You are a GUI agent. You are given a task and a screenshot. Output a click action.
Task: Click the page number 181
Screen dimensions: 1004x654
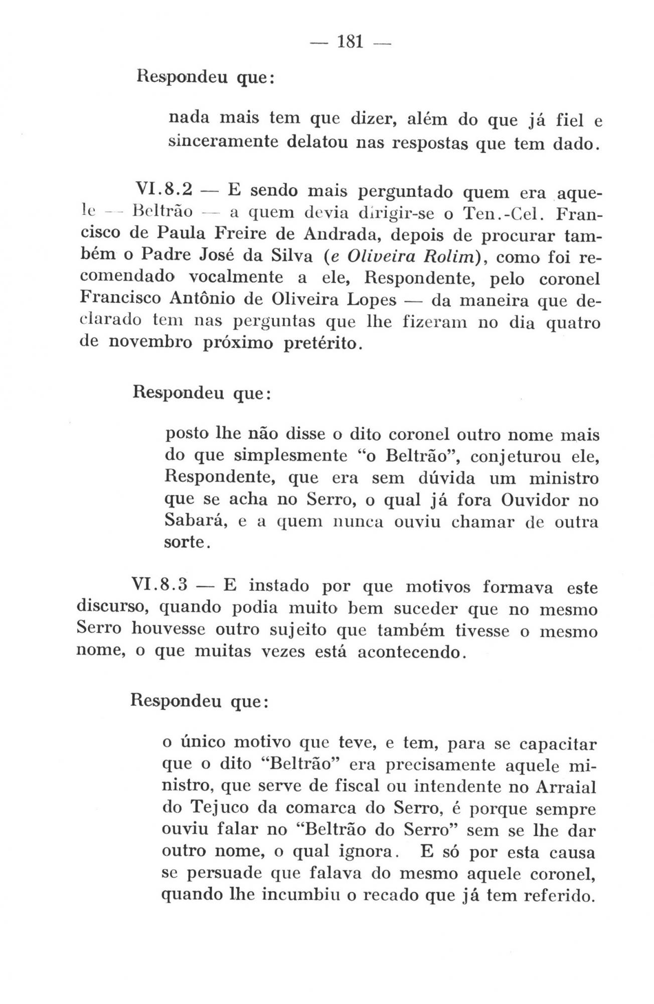(350, 42)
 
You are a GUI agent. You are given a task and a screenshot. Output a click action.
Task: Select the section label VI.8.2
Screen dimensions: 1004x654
(164, 191)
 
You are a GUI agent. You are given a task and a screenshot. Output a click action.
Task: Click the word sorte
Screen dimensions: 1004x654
(184, 543)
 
